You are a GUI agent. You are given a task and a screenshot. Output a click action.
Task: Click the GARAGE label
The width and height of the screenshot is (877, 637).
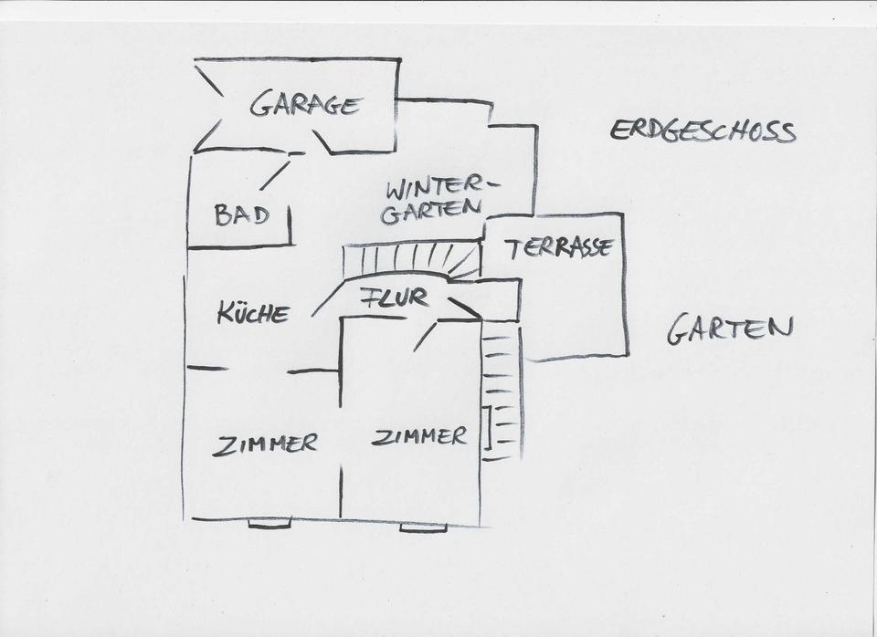pos(305,104)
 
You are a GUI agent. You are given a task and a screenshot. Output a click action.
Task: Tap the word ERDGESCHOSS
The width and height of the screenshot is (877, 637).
pos(702,131)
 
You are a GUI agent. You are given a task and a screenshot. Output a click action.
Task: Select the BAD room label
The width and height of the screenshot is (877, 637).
pos(241,215)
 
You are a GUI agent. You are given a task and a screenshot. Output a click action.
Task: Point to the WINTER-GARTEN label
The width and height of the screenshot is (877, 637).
pos(435,201)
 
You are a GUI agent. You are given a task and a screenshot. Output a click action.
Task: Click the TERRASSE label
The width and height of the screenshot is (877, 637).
pos(559,247)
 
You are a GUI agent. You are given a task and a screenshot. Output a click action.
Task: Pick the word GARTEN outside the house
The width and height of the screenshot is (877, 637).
pos(729,329)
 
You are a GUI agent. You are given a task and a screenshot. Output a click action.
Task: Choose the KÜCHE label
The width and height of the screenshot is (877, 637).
pos(253,314)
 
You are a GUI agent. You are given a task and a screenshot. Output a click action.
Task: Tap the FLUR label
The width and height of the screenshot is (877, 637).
pos(394,298)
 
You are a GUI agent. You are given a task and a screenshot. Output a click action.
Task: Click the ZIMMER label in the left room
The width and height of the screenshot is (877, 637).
pos(265,444)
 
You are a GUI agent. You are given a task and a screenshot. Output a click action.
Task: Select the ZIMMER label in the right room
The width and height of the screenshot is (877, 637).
pos(419,436)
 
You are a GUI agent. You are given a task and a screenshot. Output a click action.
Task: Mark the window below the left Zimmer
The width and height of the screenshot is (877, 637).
pos(269,524)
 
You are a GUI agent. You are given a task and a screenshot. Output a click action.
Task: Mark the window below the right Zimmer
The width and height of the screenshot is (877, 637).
pos(423,527)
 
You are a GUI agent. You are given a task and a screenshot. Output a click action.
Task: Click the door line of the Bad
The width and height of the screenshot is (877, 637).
pos(274,174)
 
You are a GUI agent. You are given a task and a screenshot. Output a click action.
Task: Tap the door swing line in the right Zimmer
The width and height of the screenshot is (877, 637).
pos(425,337)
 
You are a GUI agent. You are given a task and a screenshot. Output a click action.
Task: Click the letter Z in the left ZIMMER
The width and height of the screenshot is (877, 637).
pos(221,447)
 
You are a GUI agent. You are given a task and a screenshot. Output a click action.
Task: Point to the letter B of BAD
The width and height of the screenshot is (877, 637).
pos(222,215)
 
